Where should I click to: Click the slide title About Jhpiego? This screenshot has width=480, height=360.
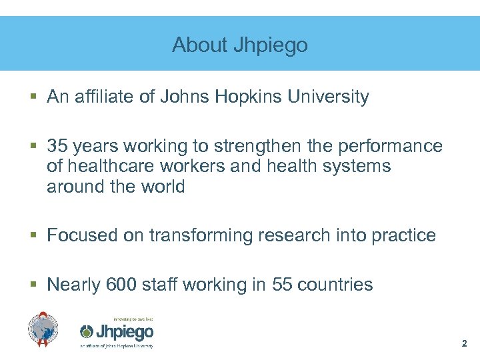[240, 45]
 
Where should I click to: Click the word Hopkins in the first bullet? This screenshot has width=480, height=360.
[249, 97]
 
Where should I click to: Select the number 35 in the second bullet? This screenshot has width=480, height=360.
[57, 146]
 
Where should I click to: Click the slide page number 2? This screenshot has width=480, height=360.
[464, 344]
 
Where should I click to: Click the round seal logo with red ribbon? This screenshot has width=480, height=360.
[43, 330]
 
